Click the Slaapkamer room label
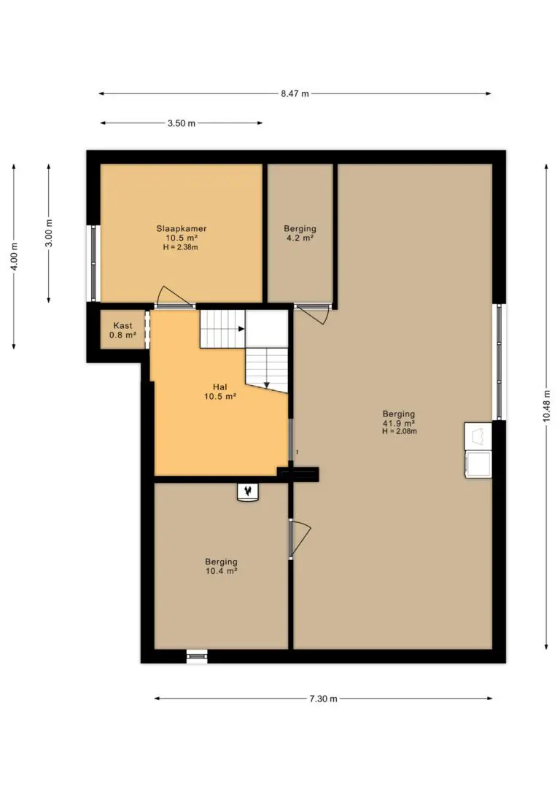point(182,228)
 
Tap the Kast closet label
point(122,325)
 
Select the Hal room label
point(219,387)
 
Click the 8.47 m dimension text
point(295,93)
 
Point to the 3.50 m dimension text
point(182,123)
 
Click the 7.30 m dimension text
point(323,699)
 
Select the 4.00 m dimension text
point(14,256)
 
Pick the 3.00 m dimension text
point(48,233)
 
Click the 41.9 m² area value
point(399,423)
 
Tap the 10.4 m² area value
point(221,571)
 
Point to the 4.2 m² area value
point(300,238)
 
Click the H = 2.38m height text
point(181,247)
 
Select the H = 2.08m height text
point(400,431)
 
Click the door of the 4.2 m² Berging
point(318,314)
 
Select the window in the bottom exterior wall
point(197,656)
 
